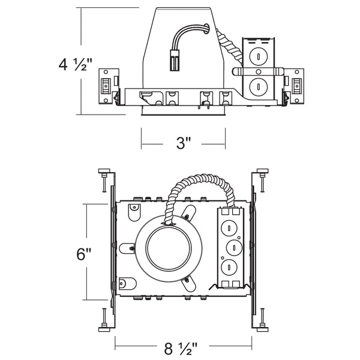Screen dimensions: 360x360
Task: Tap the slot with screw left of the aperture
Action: coord(127,246)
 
